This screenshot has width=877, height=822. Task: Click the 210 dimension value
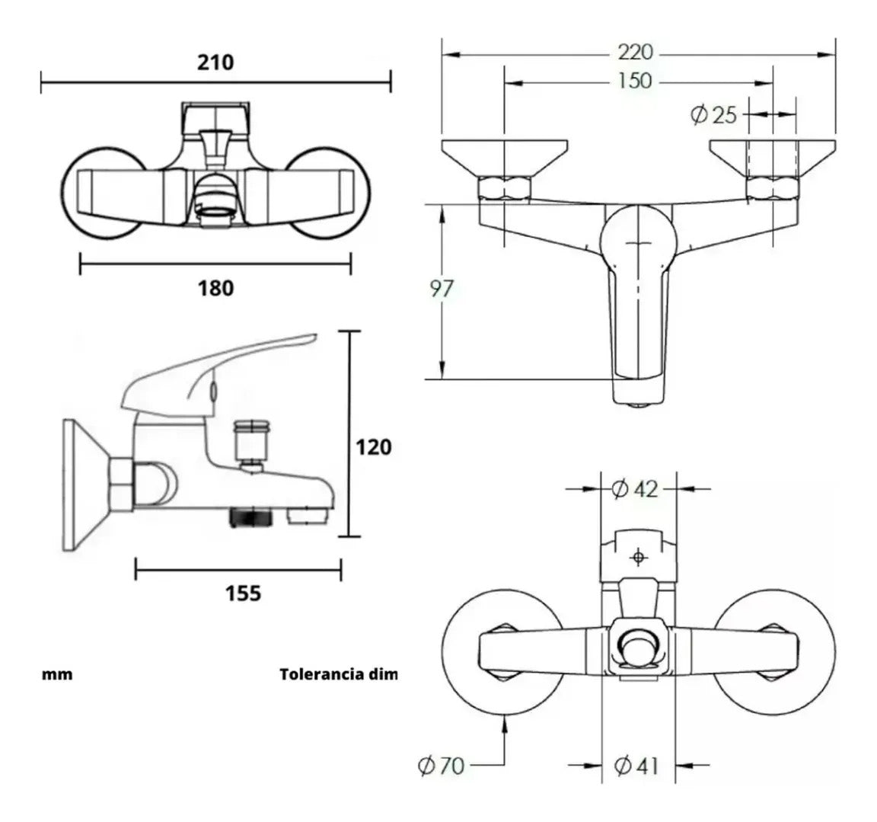215,62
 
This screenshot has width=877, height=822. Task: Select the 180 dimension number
215,289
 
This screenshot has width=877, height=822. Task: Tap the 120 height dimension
375,447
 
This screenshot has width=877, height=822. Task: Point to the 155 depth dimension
243,593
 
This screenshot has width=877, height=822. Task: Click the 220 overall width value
635,52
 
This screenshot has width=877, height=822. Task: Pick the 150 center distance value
635,81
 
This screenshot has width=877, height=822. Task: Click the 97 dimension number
442,289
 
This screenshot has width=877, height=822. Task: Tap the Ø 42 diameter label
634,488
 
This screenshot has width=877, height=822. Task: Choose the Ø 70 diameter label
441,765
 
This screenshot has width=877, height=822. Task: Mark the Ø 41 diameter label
634,765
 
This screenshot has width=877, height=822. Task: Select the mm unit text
57,674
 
